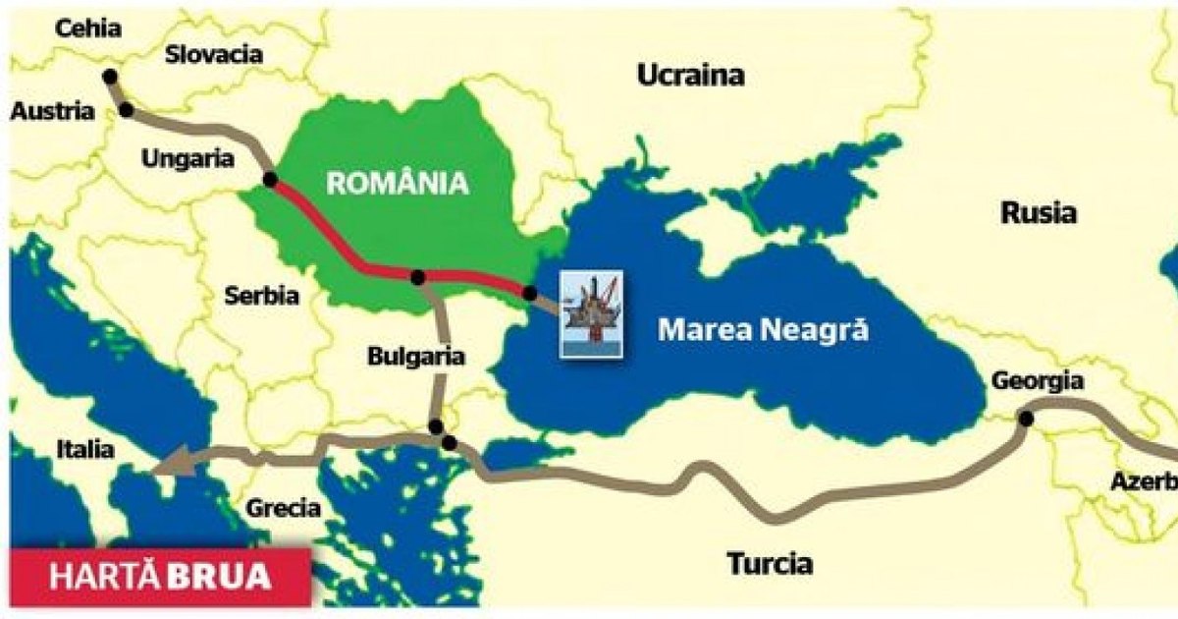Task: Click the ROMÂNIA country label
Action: (x=397, y=182)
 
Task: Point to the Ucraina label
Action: (x=690, y=75)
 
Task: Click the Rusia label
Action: (x=1039, y=212)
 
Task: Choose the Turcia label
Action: (x=770, y=563)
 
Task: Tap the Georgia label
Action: (x=1038, y=381)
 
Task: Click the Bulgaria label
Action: (x=415, y=357)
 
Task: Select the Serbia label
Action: (x=261, y=295)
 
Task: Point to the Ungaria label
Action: (x=187, y=158)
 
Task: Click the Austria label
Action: (x=53, y=111)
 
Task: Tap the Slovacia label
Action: (x=214, y=54)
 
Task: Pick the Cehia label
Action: (x=88, y=28)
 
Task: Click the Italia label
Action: (x=84, y=450)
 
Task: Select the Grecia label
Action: (x=284, y=508)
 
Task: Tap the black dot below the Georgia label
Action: (x=1025, y=419)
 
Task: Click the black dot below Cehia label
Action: (x=109, y=76)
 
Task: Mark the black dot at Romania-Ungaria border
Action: (x=270, y=180)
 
